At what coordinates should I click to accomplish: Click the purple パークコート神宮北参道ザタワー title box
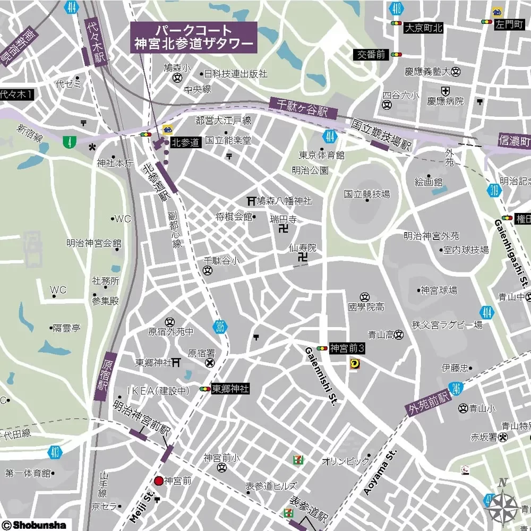click(194, 37)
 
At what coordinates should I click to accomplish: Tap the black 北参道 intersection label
click(185, 142)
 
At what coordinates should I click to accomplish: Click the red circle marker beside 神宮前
click(158, 481)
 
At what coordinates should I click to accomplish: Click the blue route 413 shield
click(56, 452)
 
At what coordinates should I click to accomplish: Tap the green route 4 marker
click(68, 142)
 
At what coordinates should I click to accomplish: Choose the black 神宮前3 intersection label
click(347, 348)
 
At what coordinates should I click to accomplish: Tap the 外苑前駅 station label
click(429, 404)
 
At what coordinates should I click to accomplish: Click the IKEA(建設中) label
click(159, 391)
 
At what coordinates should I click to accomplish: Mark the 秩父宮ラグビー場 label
click(447, 324)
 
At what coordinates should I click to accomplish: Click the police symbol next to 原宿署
click(210, 363)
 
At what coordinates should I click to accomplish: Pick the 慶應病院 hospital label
click(446, 101)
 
